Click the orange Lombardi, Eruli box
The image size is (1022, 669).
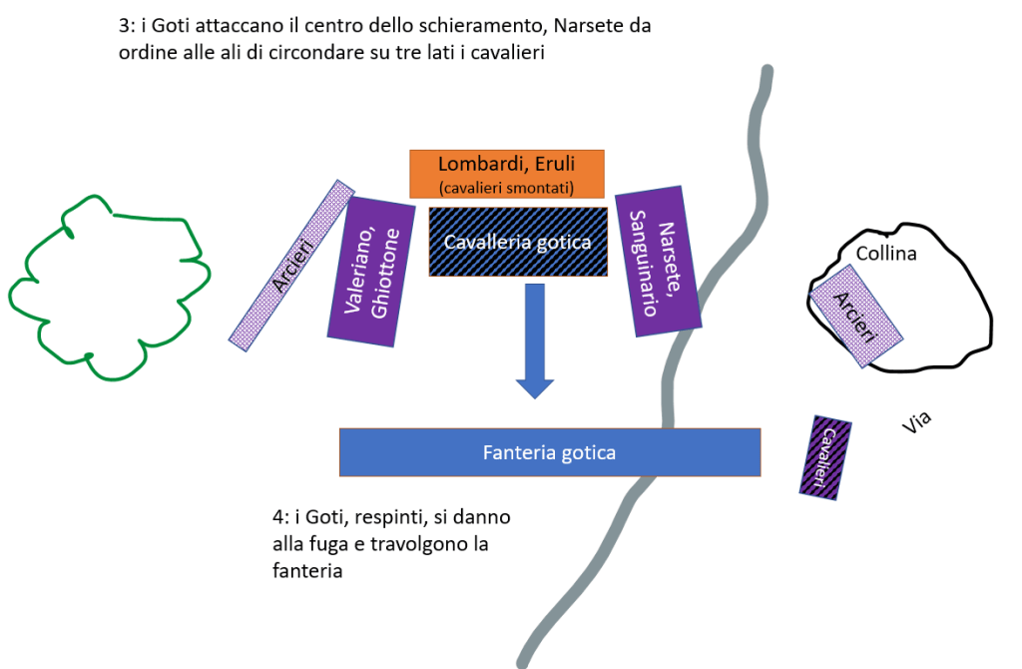pyautogui.click(x=507, y=173)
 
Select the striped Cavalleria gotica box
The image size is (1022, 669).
pyautogui.click(x=518, y=241)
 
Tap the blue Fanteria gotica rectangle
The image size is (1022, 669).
pyautogui.click(x=549, y=452)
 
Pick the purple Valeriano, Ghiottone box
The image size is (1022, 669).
pyautogui.click(x=371, y=273)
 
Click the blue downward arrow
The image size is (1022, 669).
pyautogui.click(x=535, y=339)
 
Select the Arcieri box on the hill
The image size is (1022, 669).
pyautogui.click(x=857, y=316)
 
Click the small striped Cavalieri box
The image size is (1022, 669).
pyautogui.click(x=825, y=456)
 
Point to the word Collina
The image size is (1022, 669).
pyautogui.click(x=886, y=254)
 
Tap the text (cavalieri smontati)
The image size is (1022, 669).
pyautogui.click(x=507, y=186)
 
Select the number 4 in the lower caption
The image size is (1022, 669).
pyautogui.click(x=277, y=519)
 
